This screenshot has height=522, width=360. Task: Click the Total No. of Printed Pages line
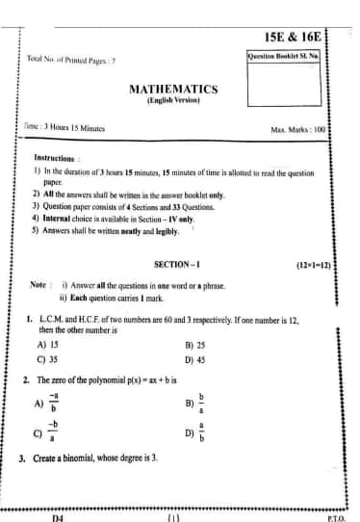(x=71, y=61)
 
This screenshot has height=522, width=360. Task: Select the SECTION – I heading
(x=176, y=263)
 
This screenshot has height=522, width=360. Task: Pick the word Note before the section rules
(x=39, y=283)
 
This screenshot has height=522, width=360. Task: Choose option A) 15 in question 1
(x=48, y=342)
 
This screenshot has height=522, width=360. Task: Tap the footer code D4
(x=57, y=515)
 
